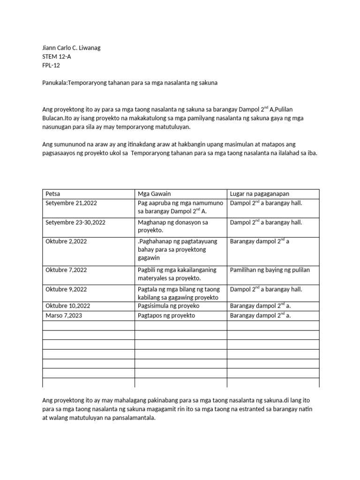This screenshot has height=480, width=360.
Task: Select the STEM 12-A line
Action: coord(57,57)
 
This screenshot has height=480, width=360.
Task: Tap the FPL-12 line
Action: coord(51,66)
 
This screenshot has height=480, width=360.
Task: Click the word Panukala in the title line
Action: coord(55,82)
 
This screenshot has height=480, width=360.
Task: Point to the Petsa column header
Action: coord(53,194)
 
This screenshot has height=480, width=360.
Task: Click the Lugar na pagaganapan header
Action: coord(259,194)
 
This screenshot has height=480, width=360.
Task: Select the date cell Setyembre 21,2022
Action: coord(71,203)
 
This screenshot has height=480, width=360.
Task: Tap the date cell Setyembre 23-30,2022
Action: coord(75,222)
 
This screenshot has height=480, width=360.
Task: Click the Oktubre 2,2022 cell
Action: coord(66,241)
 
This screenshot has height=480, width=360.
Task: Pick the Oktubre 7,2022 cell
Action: coord(66,270)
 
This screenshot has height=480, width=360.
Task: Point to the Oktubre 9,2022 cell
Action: coord(66,289)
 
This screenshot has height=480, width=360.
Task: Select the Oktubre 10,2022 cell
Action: coord(67,306)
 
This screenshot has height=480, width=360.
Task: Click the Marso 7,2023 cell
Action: coord(64,315)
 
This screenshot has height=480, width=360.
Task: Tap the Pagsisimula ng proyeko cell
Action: coord(169,306)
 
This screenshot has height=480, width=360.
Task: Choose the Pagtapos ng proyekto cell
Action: coord(166,315)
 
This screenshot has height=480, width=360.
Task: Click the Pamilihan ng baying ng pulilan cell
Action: coord(270,270)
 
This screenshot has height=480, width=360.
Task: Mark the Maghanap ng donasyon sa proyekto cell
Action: coord(172,226)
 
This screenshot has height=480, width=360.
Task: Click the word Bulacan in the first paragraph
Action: coord(53,119)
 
